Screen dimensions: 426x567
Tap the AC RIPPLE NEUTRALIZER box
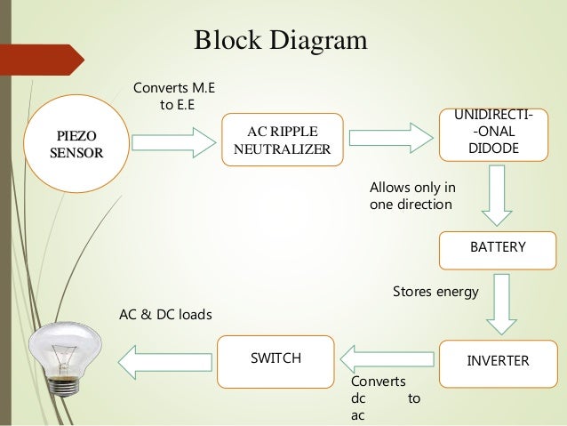point(282,139)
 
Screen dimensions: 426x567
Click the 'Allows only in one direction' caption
point(411,196)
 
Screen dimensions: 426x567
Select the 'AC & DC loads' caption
point(166,314)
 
